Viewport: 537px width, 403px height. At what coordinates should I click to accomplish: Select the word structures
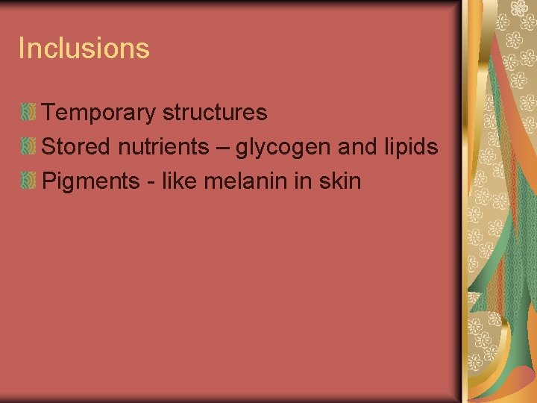pos(214,113)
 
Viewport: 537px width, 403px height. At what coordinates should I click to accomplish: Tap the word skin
pos(339,181)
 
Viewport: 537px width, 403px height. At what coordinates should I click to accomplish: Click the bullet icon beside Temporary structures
pos(28,113)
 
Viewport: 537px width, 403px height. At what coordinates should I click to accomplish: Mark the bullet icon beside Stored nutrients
pos(28,147)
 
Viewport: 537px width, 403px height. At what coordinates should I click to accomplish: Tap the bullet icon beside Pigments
pos(28,181)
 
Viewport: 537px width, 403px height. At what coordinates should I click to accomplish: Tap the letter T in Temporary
pos(49,113)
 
